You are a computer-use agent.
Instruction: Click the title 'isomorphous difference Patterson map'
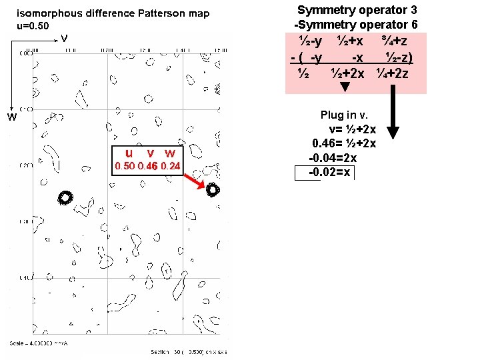[113, 13]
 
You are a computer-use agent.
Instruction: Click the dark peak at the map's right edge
[213, 189]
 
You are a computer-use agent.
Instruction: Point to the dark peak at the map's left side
[65, 197]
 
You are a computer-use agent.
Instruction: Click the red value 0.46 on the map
[147, 165]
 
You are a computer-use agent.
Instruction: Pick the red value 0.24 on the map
[171, 165]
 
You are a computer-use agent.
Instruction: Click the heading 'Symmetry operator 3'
[361, 10]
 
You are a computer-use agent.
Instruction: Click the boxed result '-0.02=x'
[329, 173]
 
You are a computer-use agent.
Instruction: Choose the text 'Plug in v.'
[345, 115]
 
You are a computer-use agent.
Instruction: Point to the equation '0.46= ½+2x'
[344, 143]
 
